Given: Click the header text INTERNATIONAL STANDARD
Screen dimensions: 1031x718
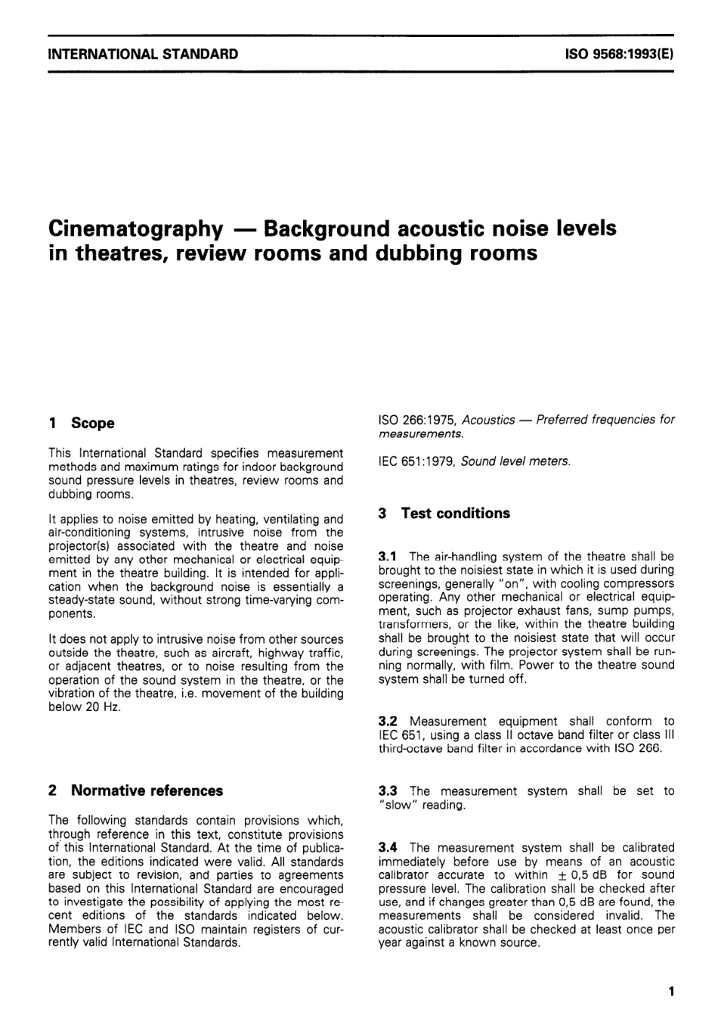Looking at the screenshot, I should (143, 54).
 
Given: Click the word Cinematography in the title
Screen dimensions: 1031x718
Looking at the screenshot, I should (135, 228).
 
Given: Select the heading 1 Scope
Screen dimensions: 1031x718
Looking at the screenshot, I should (82, 424).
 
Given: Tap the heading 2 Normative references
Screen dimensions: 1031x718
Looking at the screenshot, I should (135, 790).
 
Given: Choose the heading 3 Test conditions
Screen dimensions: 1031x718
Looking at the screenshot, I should (444, 514).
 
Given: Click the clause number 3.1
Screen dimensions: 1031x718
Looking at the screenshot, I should (388, 557).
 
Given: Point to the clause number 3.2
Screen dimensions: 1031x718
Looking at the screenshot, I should (388, 722).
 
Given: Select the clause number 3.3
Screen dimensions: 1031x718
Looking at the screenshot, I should (388, 791).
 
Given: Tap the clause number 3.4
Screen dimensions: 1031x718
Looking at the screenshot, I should (388, 848).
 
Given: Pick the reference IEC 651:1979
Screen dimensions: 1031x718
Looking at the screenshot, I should (416, 461).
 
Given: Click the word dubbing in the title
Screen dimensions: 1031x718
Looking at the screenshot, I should (422, 253).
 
